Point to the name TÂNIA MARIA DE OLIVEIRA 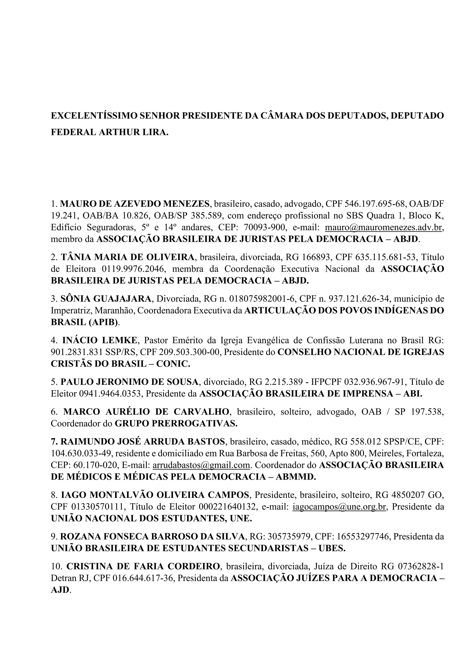point(127,257)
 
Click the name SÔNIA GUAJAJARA point(106,299)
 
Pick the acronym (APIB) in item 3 point(103,322)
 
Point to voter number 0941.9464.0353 point(110,394)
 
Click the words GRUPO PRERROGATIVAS point(176,423)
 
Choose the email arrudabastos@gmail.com point(201,465)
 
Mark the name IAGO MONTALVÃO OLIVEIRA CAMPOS point(155,495)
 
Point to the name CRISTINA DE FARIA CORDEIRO point(143,566)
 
